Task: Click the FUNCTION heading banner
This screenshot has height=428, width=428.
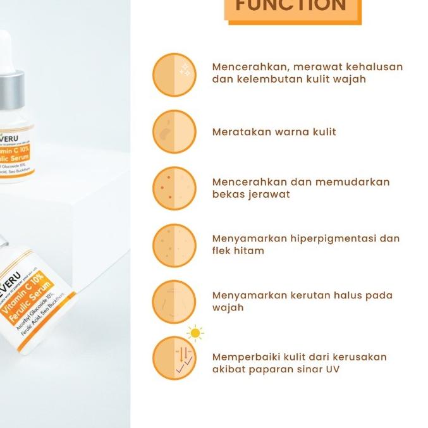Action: click(291, 8)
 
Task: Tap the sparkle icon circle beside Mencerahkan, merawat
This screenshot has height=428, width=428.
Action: click(174, 75)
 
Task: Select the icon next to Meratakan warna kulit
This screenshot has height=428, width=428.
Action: click(174, 131)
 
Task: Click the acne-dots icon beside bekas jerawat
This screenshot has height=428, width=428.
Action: click(174, 188)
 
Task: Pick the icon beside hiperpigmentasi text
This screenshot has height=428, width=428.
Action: click(174, 245)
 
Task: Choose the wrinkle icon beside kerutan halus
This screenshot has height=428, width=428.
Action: click(174, 302)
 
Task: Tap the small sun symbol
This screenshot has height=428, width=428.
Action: click(195, 333)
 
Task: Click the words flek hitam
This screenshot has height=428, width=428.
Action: click(238, 250)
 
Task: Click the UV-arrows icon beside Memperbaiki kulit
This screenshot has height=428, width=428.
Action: click(174, 358)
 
